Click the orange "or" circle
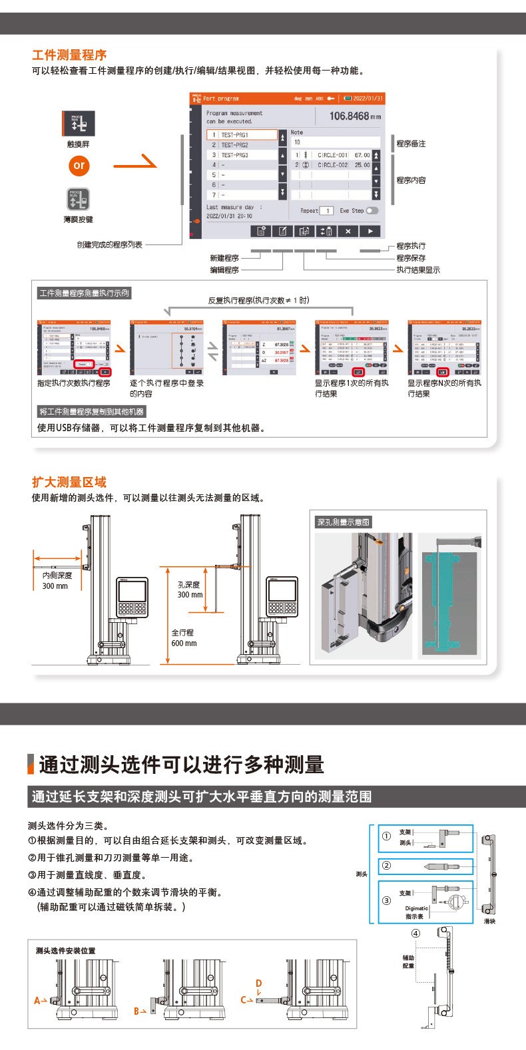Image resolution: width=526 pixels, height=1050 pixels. [x=79, y=166]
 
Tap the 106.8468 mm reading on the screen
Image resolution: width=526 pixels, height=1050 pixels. [x=355, y=116]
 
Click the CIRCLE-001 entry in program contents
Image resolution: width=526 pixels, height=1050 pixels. [x=332, y=155]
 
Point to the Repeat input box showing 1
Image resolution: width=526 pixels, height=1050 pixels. [x=326, y=211]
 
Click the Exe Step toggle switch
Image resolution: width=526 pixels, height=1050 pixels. [x=372, y=211]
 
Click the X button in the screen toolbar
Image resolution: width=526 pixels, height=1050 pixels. [x=348, y=231]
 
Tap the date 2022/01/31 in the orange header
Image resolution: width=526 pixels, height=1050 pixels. [x=368, y=98]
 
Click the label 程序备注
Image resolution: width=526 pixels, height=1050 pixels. [x=411, y=144]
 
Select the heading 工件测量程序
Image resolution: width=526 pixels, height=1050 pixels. [x=69, y=55]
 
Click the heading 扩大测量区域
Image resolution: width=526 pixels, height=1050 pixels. [x=69, y=482]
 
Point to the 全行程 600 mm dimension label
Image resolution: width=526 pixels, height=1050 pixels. [x=184, y=638]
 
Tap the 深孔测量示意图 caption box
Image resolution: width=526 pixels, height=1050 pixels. [x=343, y=522]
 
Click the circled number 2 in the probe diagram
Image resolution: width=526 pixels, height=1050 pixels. [x=386, y=866]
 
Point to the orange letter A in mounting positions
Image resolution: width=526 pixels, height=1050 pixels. [x=37, y=1001]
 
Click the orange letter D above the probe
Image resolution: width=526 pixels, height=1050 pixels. [x=259, y=983]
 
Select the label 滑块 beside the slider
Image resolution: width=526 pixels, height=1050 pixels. [x=489, y=922]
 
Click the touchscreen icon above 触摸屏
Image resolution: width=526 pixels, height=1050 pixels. [x=79, y=123]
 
